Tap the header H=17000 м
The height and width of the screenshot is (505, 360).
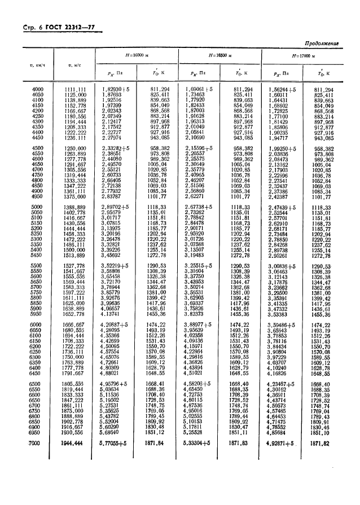[x=304, y=55]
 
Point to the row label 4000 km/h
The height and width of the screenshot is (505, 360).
[x=38, y=89]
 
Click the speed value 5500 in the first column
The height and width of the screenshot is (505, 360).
[x=38, y=265]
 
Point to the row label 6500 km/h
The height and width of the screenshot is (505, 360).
[x=38, y=384]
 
